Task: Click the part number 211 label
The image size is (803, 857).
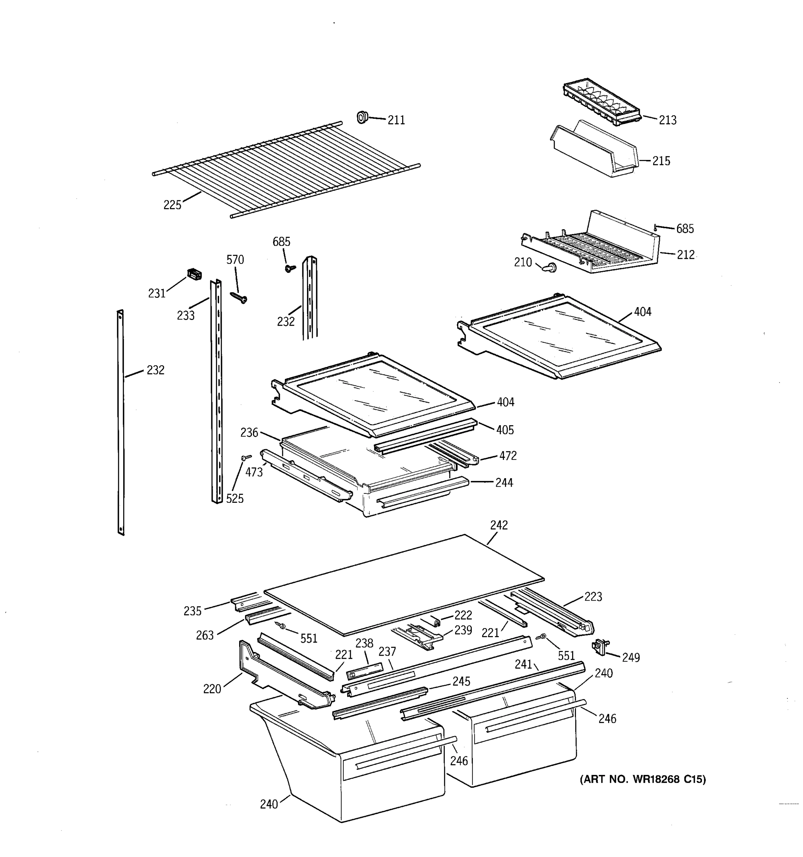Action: (396, 120)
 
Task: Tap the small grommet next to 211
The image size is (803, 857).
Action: (363, 117)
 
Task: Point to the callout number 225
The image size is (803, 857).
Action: (172, 205)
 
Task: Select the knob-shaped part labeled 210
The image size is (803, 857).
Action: (550, 268)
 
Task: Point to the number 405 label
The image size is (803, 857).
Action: (505, 430)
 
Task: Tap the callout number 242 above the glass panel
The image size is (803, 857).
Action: (499, 525)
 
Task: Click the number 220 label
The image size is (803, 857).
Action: (212, 689)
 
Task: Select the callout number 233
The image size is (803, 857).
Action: (186, 316)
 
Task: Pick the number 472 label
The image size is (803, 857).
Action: (507, 456)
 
